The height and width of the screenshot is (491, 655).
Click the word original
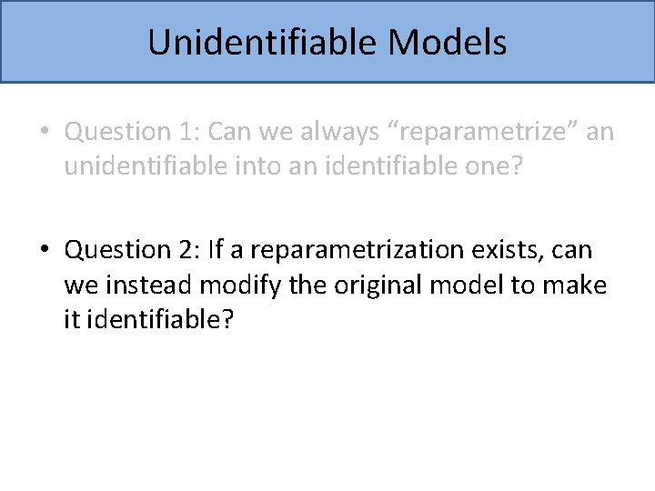click(x=378, y=286)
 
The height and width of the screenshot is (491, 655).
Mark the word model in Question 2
click(x=470, y=286)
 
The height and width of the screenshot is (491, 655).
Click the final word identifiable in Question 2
click(x=161, y=323)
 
